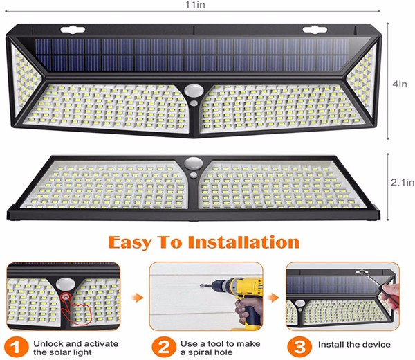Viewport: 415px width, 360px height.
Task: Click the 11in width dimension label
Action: [195, 5]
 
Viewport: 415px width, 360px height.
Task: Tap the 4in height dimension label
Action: [400, 84]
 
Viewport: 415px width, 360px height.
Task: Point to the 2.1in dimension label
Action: [403, 182]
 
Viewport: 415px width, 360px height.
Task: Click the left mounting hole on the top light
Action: [73, 30]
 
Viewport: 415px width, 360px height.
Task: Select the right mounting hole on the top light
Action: [315, 30]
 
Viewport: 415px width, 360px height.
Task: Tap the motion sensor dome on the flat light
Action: [194, 162]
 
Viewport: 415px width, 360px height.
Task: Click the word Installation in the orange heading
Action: [243, 242]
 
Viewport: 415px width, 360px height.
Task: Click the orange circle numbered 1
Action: [17, 347]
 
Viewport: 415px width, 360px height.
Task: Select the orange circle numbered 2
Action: [164, 347]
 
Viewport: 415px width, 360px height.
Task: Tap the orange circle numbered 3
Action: [299, 347]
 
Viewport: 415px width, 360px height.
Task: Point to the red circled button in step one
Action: [65, 296]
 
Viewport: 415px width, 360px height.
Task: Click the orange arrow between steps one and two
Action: [137, 298]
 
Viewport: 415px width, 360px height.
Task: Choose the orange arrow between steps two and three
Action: [273, 298]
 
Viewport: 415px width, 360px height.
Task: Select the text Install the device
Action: [354, 344]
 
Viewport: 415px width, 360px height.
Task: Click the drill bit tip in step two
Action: [201, 285]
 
